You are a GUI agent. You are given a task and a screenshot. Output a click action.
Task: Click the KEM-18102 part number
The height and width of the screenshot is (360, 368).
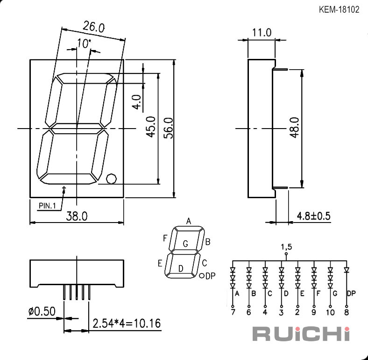point(339,10)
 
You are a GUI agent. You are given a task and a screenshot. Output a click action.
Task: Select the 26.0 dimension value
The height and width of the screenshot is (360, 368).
point(93,26)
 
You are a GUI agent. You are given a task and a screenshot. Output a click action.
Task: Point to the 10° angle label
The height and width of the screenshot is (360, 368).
point(84,43)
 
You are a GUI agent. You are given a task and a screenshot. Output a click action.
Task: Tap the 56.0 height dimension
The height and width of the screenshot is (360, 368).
point(169,128)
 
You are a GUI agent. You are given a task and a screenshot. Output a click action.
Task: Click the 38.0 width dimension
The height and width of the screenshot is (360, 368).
point(77,216)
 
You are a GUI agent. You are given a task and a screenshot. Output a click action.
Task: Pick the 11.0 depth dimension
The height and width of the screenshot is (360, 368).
point(262,32)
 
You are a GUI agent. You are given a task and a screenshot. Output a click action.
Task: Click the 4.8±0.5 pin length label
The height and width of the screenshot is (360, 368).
point(313,216)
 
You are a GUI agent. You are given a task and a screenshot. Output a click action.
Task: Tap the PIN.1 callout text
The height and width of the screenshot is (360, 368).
point(47,206)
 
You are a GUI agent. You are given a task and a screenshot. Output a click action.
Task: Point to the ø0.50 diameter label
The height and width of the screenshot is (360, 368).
point(42,311)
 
